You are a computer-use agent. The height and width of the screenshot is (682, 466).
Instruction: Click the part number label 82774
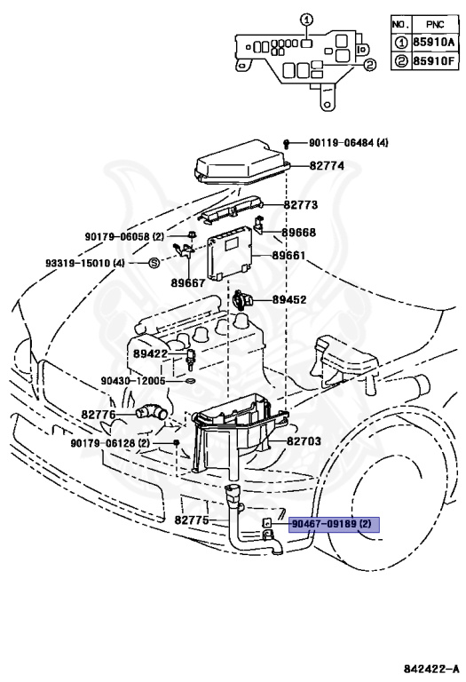(x=327, y=166)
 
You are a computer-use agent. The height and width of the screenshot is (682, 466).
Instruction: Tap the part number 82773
(x=301, y=204)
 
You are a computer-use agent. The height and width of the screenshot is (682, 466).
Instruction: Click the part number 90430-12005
(x=133, y=380)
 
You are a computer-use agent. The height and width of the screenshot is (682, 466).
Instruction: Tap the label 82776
(x=99, y=414)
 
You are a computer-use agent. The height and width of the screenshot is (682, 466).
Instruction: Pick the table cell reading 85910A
(x=430, y=41)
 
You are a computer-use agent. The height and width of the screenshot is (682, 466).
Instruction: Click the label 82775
(x=192, y=520)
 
